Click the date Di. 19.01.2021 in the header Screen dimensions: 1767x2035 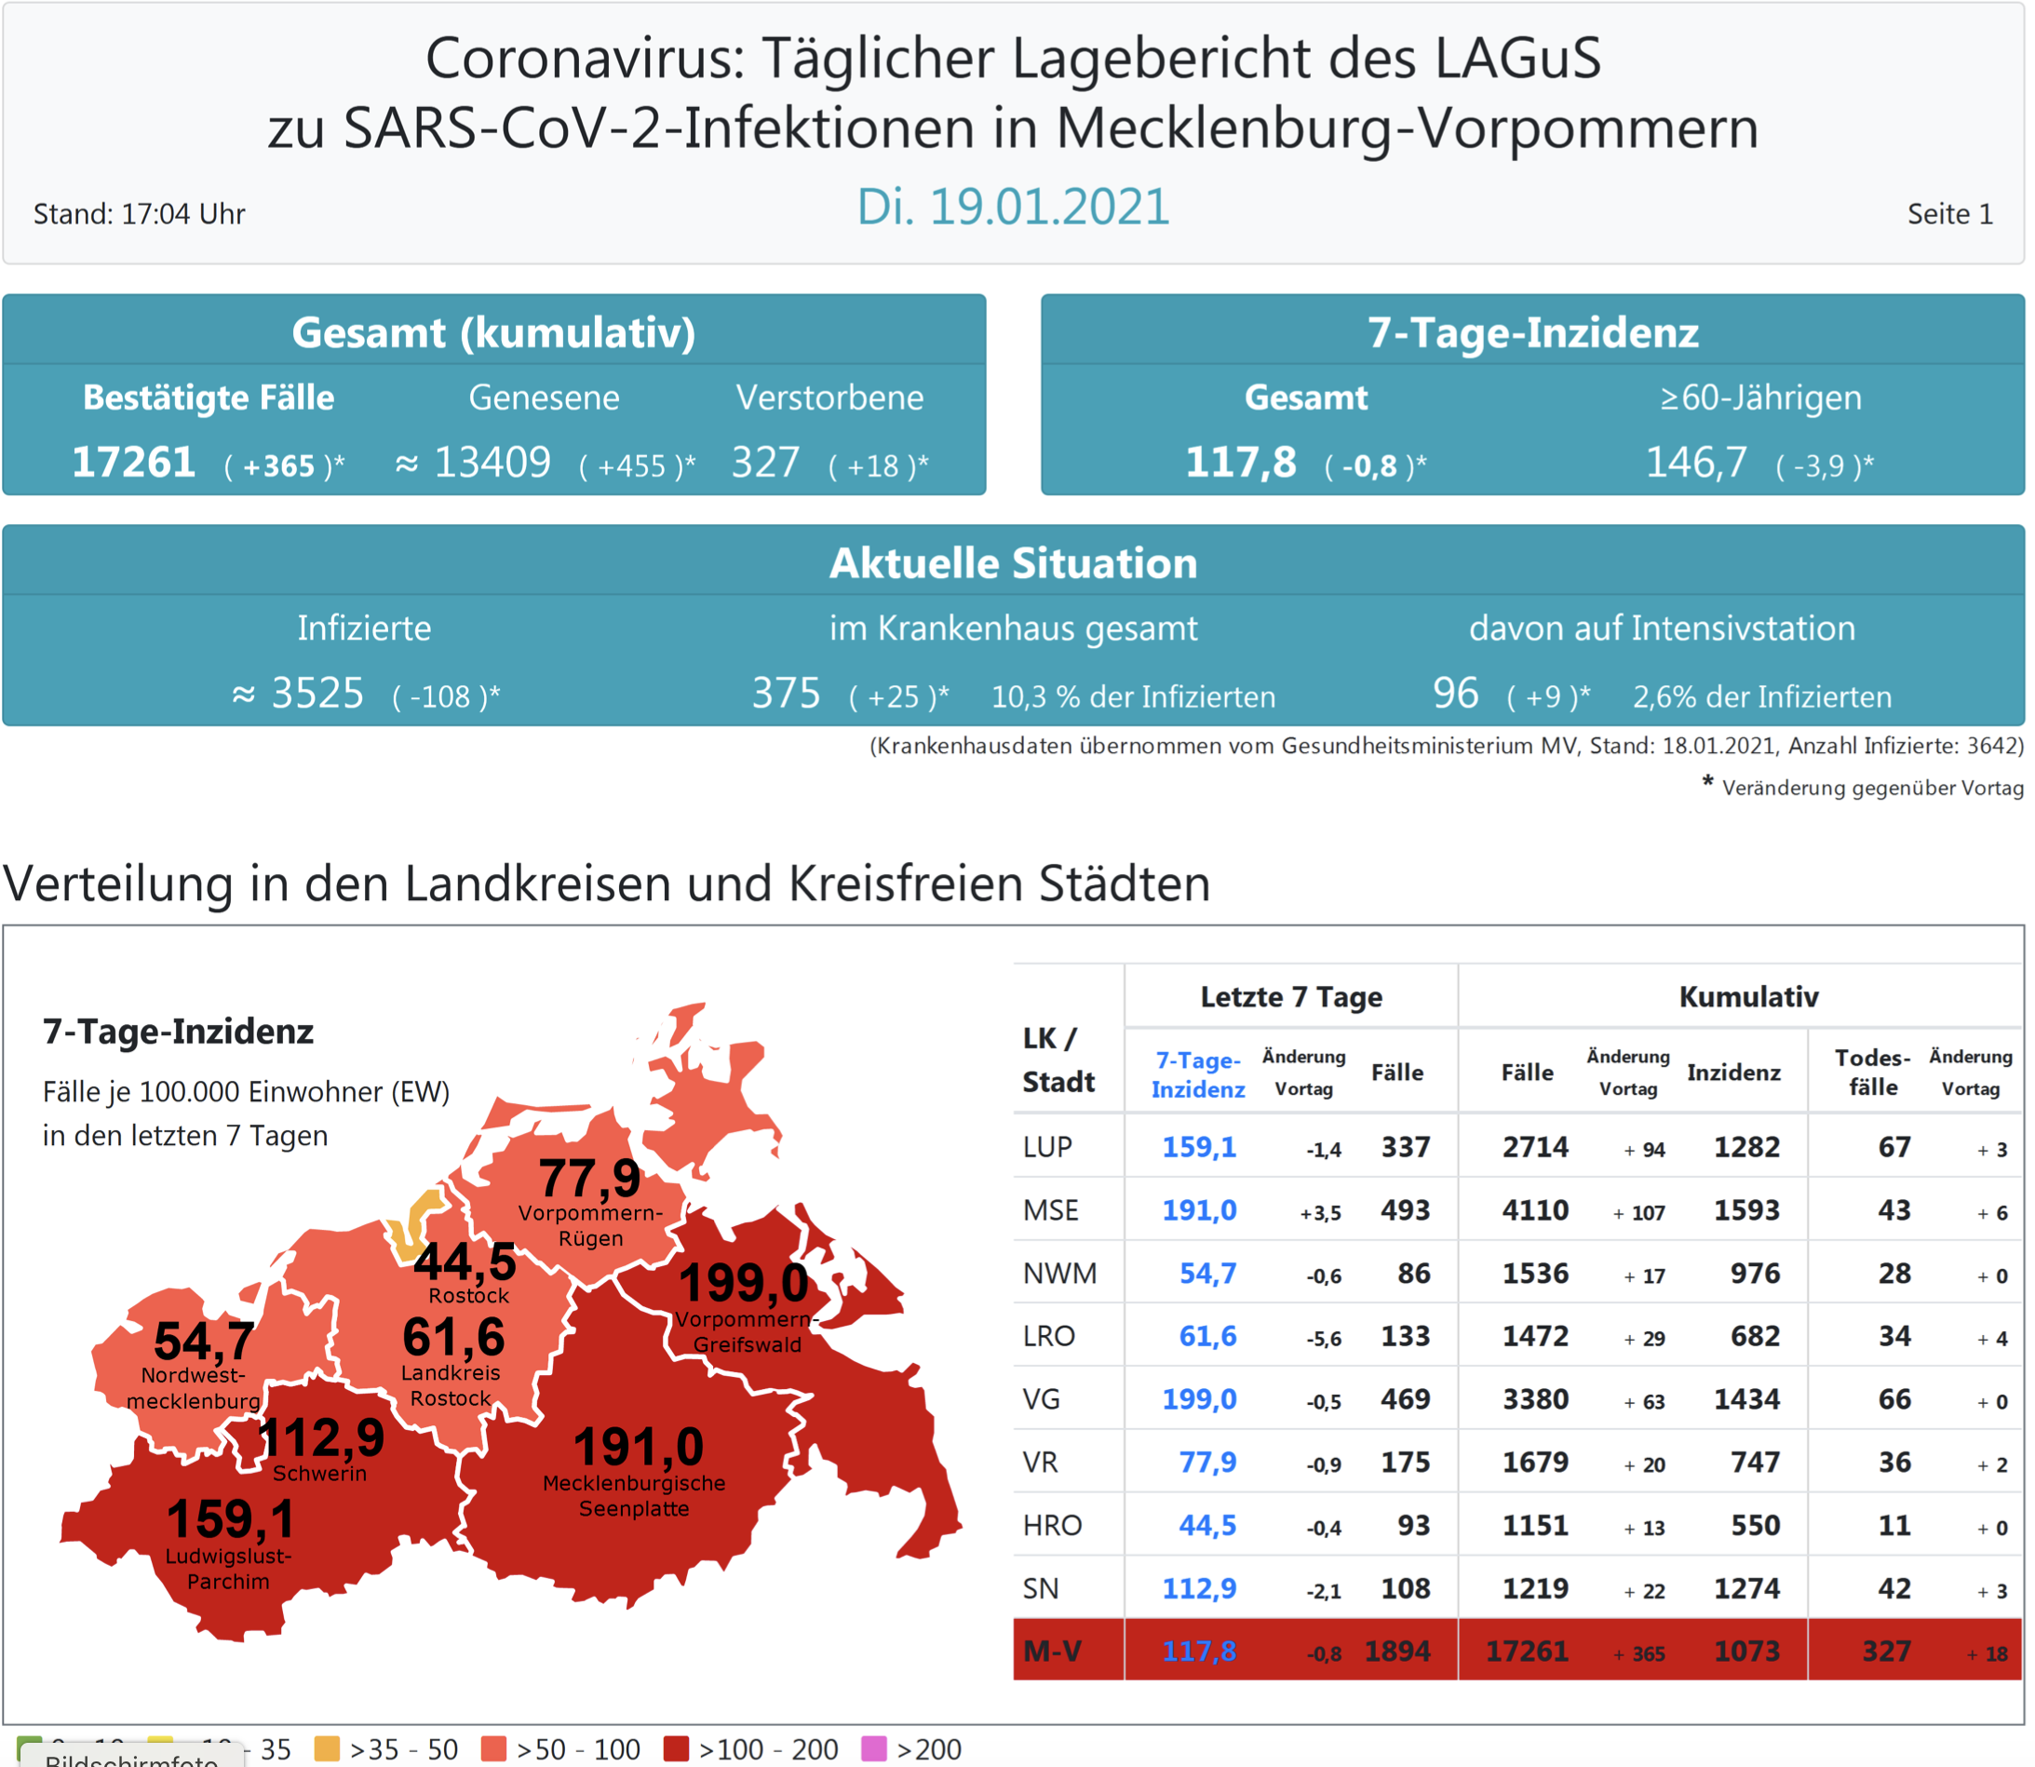[1013, 207]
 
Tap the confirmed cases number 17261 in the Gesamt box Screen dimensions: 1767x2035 [133, 463]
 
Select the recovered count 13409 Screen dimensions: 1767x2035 [492, 463]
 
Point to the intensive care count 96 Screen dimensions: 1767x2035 [1455, 694]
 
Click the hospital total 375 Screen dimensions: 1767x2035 [786, 694]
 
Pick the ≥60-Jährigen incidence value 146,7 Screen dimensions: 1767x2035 [1696, 463]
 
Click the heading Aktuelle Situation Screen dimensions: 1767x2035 [1013, 563]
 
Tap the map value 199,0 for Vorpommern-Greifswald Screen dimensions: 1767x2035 [745, 1283]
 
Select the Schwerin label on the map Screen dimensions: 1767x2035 [319, 1473]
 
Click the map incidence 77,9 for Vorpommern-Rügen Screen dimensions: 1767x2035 [589, 1179]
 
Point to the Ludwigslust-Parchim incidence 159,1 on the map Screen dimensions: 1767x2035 [231, 1518]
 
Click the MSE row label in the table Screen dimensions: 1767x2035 [1051, 1210]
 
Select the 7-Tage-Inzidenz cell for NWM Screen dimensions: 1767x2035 [1207, 1273]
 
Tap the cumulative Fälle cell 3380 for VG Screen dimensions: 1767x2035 [1535, 1399]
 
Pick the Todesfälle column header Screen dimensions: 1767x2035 [1872, 1072]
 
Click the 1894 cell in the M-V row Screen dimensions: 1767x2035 [1397, 1652]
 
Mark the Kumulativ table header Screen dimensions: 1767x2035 [1748, 997]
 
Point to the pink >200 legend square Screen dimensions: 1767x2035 [873, 1748]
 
